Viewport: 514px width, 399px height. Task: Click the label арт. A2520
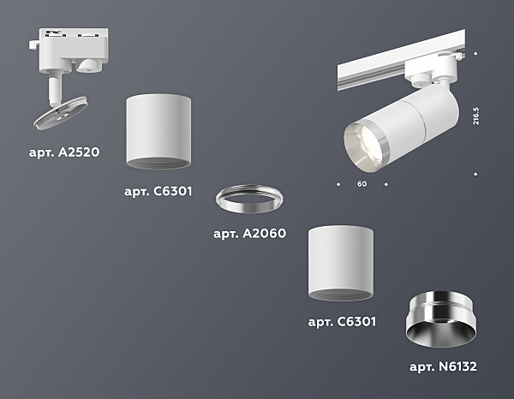click(x=64, y=152)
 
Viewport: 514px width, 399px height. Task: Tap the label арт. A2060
click(x=250, y=234)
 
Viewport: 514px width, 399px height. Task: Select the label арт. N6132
click(x=443, y=366)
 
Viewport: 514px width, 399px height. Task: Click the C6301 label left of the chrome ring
click(x=158, y=191)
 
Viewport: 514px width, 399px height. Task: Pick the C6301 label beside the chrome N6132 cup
click(x=342, y=322)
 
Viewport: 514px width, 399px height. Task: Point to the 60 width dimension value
click(x=362, y=184)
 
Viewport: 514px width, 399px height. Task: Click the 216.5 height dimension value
click(x=476, y=116)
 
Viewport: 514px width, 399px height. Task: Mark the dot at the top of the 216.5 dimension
click(x=475, y=53)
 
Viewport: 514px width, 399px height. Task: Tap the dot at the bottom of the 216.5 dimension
click(x=475, y=175)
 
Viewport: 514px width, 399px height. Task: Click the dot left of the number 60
click(x=338, y=184)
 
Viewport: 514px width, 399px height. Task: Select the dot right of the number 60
click(x=385, y=184)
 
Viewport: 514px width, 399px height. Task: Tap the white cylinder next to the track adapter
click(x=158, y=132)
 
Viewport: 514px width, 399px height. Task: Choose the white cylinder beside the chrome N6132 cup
click(x=341, y=263)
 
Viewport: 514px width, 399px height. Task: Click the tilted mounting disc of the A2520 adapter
click(x=61, y=113)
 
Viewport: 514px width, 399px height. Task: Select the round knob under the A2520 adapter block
click(x=89, y=65)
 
